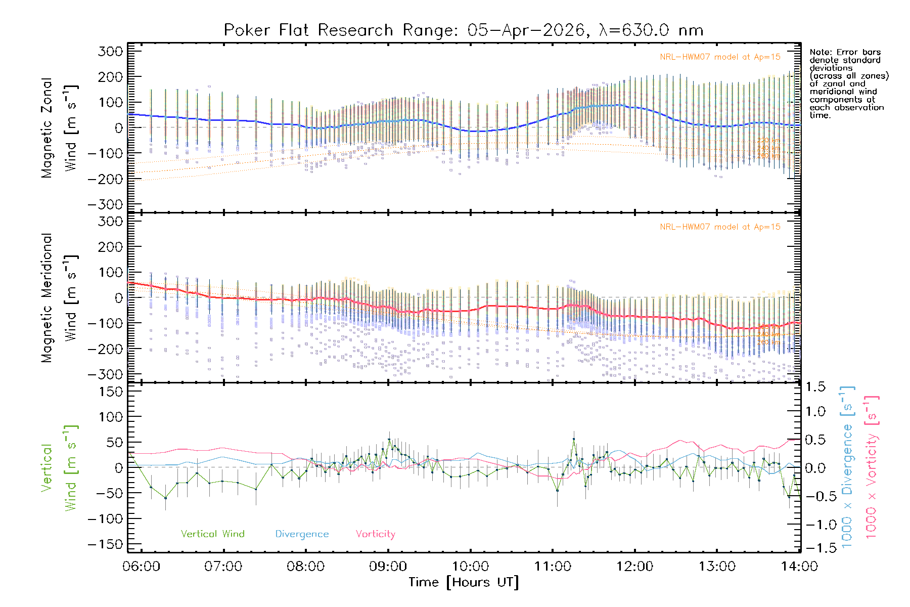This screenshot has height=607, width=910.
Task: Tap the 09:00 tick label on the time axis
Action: tap(388, 566)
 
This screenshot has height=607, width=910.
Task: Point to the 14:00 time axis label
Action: tap(799, 566)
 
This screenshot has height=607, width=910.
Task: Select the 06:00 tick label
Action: tap(141, 566)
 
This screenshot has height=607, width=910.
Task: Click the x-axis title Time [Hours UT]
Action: tap(463, 582)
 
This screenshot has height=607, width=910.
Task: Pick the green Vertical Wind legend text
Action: tap(212, 534)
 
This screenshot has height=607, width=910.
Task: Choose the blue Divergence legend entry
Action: tap(302, 534)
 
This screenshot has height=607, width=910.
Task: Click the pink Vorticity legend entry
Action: tap(375, 534)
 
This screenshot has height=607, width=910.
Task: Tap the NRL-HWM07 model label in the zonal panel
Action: tap(720, 57)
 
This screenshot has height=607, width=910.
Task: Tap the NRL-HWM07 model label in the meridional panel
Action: tap(720, 227)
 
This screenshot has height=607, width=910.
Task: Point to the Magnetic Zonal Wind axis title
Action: tap(60, 127)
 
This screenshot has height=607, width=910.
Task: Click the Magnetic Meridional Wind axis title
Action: tap(60, 297)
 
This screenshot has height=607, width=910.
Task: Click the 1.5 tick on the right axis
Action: tap(815, 387)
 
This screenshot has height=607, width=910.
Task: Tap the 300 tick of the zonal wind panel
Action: tap(111, 51)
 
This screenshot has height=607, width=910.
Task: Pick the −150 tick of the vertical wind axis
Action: tap(105, 544)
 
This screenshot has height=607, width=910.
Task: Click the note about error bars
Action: tap(848, 83)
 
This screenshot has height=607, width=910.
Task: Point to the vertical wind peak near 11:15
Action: tap(574, 439)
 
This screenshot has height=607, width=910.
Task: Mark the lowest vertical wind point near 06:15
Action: tap(165, 498)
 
